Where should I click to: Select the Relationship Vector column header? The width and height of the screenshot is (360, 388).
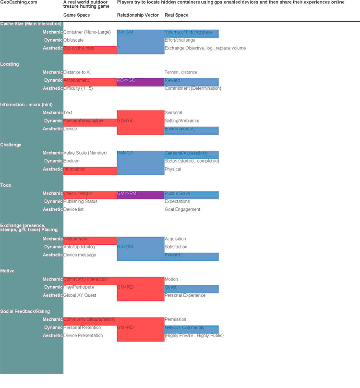pyautogui.click(x=138, y=15)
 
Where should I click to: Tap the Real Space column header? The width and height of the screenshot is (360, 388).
pyautogui.click(x=176, y=15)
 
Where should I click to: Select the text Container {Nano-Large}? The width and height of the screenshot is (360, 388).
pyautogui.click(x=87, y=32)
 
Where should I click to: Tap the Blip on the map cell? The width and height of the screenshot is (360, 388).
pyautogui.click(x=79, y=48)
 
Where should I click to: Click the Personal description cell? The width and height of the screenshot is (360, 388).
pyautogui.click(x=83, y=121)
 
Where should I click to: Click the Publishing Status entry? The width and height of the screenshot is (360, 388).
pyautogui.click(x=80, y=201)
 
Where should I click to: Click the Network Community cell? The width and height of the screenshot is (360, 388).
pyautogui.click(x=184, y=327)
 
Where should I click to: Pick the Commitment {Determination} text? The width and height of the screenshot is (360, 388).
pyautogui.click(x=192, y=88)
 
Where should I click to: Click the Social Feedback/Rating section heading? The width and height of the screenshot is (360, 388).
pyautogui.click(x=24, y=312)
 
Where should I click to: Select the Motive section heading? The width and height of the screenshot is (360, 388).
pyautogui.click(x=7, y=271)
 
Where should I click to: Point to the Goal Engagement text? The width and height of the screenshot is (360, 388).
pyautogui.click(x=182, y=209)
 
